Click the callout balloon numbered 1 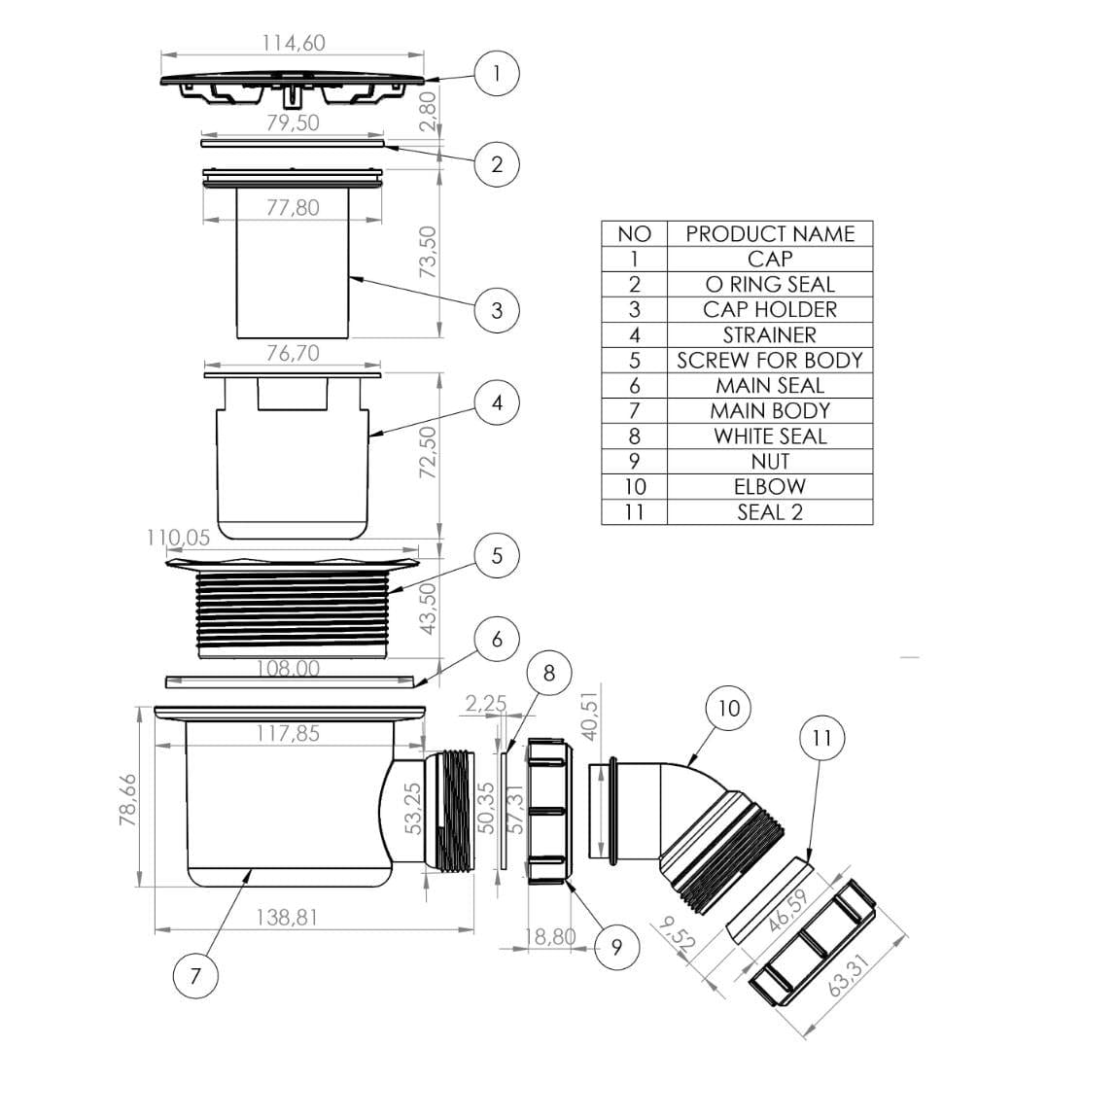pyautogui.click(x=497, y=73)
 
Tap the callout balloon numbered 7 pyautogui.click(x=195, y=975)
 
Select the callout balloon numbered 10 pyautogui.click(x=728, y=709)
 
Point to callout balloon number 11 pyautogui.click(x=821, y=738)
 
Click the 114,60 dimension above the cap pyautogui.click(x=294, y=43)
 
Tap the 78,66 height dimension pyautogui.click(x=127, y=800)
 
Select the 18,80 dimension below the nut pyautogui.click(x=550, y=936)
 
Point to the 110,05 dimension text pyautogui.click(x=178, y=538)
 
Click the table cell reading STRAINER pyautogui.click(x=769, y=334)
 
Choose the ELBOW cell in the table pyautogui.click(x=769, y=486)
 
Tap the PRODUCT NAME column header pyautogui.click(x=769, y=233)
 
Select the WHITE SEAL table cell pyautogui.click(x=769, y=436)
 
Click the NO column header pyautogui.click(x=634, y=233)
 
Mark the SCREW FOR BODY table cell pyautogui.click(x=769, y=360)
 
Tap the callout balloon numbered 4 pyautogui.click(x=497, y=401)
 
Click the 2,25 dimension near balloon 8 pyautogui.click(x=485, y=703)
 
